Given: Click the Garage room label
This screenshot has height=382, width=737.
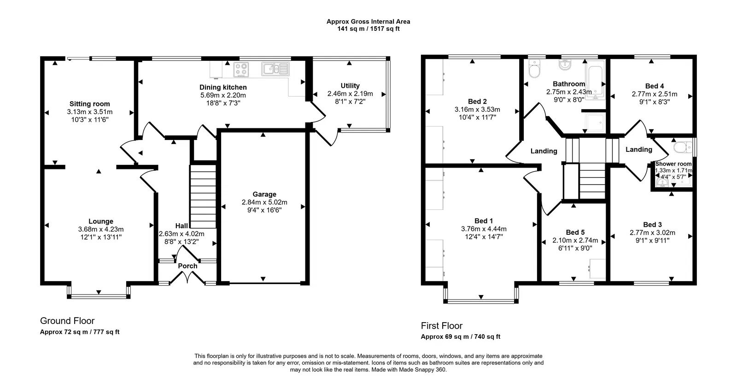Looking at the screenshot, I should click(264, 194).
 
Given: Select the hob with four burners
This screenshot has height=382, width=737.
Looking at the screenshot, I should click(241, 69).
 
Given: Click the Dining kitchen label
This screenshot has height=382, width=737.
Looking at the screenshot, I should click(223, 87).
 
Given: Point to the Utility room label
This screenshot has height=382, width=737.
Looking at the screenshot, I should click(350, 86).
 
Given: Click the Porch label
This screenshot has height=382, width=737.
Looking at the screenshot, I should click(187, 266).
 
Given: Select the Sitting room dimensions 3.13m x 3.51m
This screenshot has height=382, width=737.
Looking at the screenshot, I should click(90, 112).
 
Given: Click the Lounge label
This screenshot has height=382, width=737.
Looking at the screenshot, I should click(101, 221).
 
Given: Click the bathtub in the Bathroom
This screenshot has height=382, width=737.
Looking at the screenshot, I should click(595, 81).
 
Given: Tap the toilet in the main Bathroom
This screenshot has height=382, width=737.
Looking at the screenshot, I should click(535, 71).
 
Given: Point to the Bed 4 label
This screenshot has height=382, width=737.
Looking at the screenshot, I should click(655, 86).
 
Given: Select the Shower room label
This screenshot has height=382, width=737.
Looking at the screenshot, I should click(673, 164).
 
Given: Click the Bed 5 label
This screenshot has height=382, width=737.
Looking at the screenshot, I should click(575, 232).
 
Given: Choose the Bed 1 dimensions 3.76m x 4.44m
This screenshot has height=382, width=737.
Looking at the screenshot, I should click(484, 229).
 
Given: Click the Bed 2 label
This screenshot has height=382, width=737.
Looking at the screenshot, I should click(477, 102).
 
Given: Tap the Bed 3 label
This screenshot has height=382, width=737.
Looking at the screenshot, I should click(652, 225).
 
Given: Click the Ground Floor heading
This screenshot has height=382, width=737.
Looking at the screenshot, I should click(67, 321).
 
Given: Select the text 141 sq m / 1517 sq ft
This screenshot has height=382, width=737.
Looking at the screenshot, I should click(368, 29).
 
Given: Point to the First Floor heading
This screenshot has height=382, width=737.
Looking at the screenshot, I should click(441, 326).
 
